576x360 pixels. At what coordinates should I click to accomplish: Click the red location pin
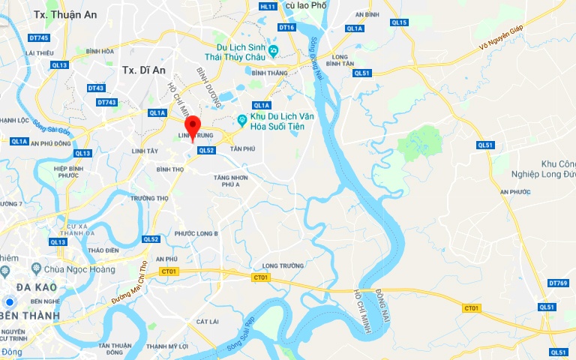pos(193,127)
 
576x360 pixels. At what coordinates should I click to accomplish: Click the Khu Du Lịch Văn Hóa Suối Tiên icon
pos(242,120)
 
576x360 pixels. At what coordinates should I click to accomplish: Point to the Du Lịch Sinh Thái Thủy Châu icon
pos(274,51)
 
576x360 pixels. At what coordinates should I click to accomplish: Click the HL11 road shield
pos(268,6)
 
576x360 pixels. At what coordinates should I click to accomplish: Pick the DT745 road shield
pos(39,37)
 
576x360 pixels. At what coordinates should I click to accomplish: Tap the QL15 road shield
pos(399,22)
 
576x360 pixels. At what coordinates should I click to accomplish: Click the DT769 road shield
pos(559,283)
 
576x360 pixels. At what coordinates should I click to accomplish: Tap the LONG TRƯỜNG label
pos(282,265)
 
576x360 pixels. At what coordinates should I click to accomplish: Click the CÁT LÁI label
pos(207,321)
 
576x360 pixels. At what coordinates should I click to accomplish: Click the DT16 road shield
pos(286,28)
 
